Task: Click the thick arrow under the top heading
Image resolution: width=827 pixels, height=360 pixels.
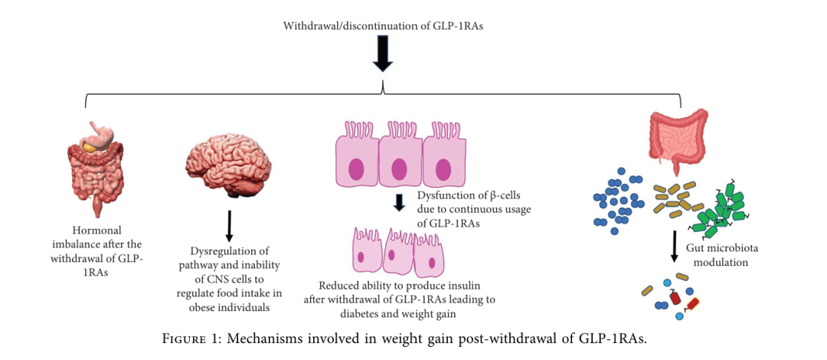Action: pyautogui.click(x=383, y=55)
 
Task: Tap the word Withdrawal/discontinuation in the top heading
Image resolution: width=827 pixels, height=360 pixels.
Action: pyautogui.click(x=334, y=25)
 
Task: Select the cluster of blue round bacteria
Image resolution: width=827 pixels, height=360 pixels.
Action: pyautogui.click(x=619, y=201)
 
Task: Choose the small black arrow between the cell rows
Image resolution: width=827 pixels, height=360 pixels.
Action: pyautogui.click(x=398, y=203)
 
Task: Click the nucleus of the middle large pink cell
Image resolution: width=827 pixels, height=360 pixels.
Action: pyautogui.click(x=398, y=169)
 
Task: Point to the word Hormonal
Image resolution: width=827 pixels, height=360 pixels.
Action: pyautogui.click(x=96, y=230)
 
